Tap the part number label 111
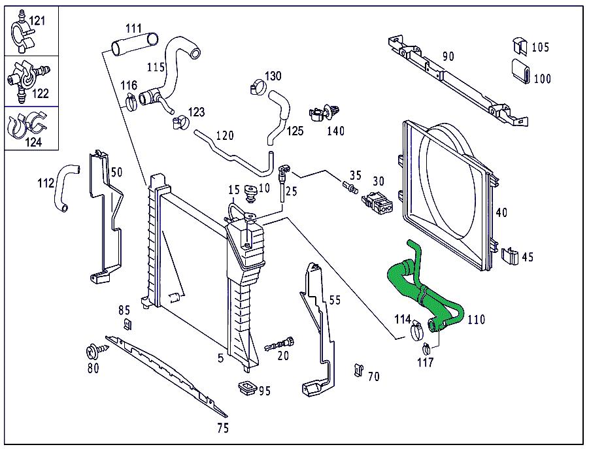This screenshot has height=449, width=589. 133,29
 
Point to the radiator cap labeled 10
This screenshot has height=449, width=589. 250,192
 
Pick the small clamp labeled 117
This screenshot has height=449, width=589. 426,349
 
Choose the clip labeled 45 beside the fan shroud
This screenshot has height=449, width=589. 510,256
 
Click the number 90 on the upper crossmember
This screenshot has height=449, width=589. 448,56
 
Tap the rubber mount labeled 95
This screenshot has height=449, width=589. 247,388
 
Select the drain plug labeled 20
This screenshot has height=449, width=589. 280,343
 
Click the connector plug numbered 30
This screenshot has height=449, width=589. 377,203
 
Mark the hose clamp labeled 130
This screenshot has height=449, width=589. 258,87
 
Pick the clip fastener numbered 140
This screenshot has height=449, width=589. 324,112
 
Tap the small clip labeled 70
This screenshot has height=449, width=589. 359,370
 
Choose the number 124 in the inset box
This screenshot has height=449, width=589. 34,142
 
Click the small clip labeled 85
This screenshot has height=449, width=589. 127,324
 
